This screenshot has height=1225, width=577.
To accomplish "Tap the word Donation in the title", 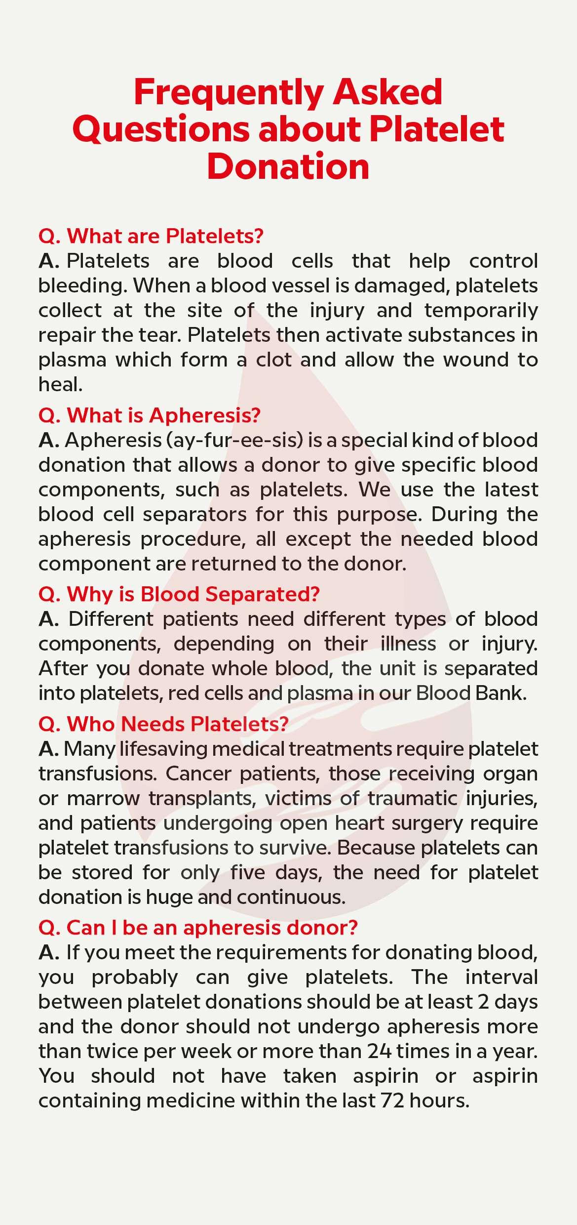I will click(288, 166).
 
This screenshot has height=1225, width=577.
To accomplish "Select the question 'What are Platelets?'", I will click(151, 236).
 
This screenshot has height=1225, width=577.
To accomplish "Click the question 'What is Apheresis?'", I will click(149, 415).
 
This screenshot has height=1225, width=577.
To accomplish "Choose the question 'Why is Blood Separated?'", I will click(179, 594).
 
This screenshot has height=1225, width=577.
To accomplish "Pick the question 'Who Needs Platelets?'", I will click(163, 724).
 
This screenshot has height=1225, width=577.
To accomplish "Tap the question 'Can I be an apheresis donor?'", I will click(198, 928).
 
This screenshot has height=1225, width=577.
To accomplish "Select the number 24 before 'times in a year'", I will click(379, 1051).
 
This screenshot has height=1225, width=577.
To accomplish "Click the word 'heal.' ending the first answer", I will click(61, 384).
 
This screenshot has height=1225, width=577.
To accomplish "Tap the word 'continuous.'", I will click(291, 897).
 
